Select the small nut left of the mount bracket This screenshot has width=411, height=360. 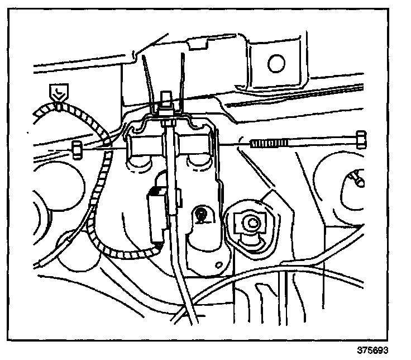pos(78,148)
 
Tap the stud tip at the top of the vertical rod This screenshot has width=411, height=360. pos(165,96)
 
